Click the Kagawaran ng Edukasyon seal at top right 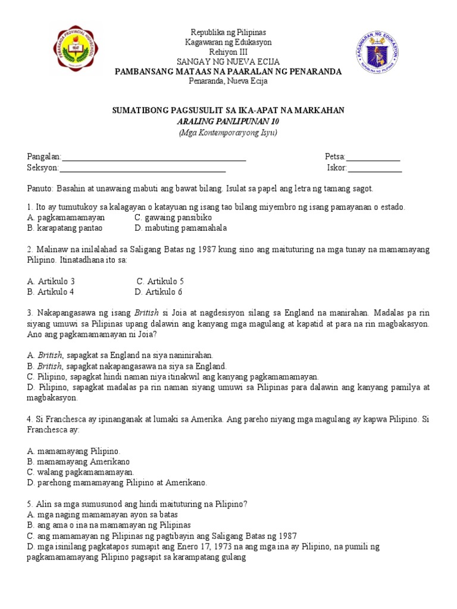coord(378,54)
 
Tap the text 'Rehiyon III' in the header coord(228,52)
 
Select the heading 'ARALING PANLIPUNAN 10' coord(228,121)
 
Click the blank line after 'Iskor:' coord(375,168)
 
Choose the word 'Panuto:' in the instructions coord(40,188)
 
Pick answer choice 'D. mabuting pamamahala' coord(181,228)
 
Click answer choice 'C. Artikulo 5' coord(161,281)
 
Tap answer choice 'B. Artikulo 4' coord(51,291)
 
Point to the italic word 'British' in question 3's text coord(147,313)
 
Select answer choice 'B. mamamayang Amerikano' coord(79,461)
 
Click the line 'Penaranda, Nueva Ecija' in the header coord(228,81)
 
